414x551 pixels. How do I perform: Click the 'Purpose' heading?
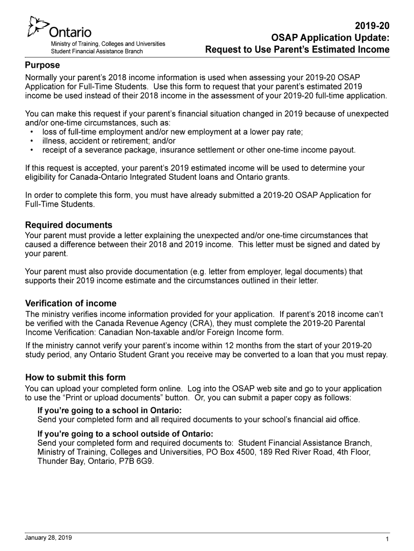point(42,65)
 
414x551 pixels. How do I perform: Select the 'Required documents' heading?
point(69,225)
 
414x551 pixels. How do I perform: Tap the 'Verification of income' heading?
point(71,303)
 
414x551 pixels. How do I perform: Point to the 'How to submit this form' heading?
point(75,378)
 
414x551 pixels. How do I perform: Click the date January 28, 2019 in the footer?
point(48,538)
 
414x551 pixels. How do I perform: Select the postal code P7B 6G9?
point(137,462)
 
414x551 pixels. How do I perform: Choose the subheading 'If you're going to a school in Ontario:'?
point(109,411)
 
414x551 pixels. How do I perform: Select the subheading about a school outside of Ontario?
point(125,434)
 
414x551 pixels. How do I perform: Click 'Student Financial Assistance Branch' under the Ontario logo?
point(97,51)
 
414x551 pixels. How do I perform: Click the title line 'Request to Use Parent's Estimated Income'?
point(297,50)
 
